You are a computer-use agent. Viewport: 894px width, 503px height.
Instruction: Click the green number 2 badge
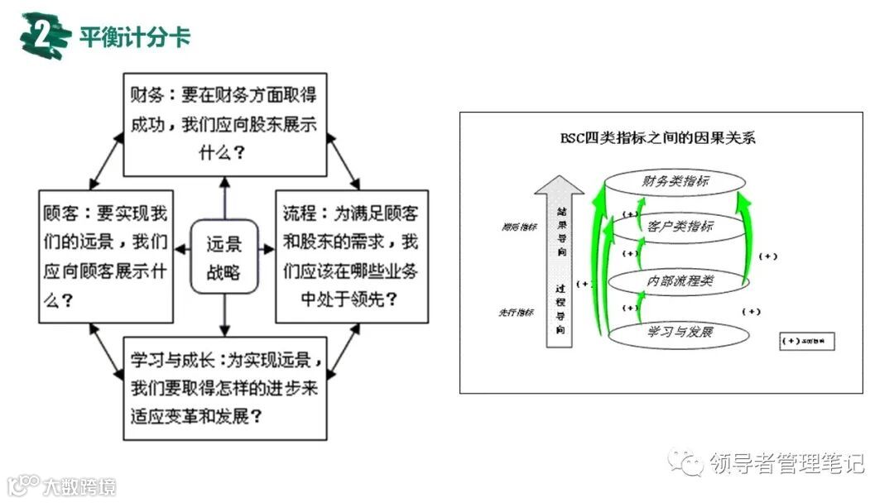tap(44, 36)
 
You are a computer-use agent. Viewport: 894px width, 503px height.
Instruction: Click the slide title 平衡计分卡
tap(136, 36)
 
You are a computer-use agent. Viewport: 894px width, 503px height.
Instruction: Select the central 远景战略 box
tap(223, 257)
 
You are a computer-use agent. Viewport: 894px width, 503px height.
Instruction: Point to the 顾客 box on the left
tap(105, 256)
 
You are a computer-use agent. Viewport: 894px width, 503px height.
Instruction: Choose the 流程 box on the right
tap(351, 256)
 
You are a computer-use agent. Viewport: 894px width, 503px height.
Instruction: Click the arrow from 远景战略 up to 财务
tap(223, 199)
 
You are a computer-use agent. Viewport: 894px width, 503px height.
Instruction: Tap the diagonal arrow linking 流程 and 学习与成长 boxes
tap(341, 347)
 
